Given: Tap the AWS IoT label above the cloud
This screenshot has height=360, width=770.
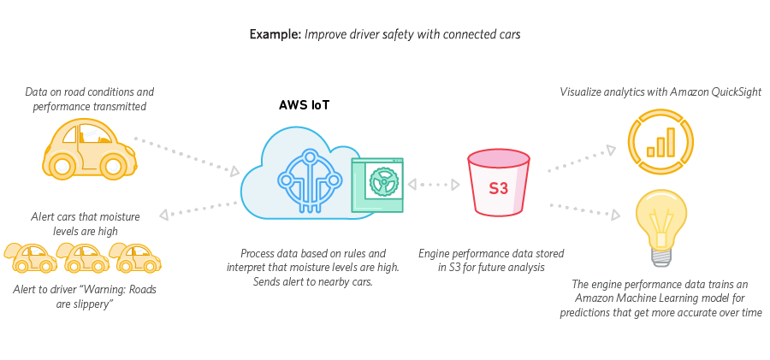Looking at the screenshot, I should point(305,106).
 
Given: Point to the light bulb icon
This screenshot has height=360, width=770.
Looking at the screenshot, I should point(660,225).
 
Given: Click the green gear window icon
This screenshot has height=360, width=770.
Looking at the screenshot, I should point(376,185).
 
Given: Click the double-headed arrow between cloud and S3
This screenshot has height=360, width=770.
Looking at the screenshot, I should point(435,184).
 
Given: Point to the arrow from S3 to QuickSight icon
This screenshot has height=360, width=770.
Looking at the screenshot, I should point(581,157).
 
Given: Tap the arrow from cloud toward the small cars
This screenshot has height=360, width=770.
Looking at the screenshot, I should point(199,210).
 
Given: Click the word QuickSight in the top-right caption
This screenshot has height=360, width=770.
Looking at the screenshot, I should point(732,91).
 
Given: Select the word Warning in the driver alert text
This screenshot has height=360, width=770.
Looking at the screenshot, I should point(104,289).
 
